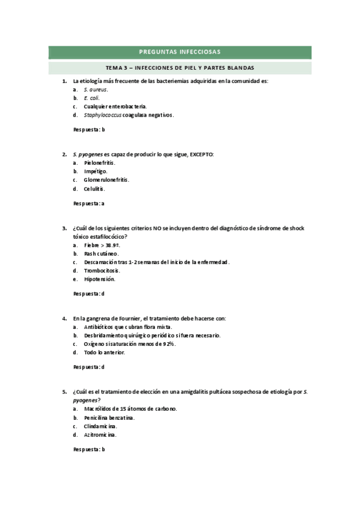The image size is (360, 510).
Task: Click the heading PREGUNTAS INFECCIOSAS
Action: coord(180,52)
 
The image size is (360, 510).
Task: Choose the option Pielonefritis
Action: coord(100,162)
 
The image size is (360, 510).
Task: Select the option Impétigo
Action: coord(96,171)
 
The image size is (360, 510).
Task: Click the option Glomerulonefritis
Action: coord(106,179)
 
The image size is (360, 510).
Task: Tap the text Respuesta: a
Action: coord(89,203)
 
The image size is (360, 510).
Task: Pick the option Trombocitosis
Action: coord(102,271)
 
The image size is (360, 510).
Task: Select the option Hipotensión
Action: coord(100,279)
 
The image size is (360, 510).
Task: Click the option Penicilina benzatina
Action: coord(109,417)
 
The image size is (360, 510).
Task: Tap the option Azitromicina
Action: coord(100,434)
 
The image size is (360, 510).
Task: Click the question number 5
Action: coord(64,392)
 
